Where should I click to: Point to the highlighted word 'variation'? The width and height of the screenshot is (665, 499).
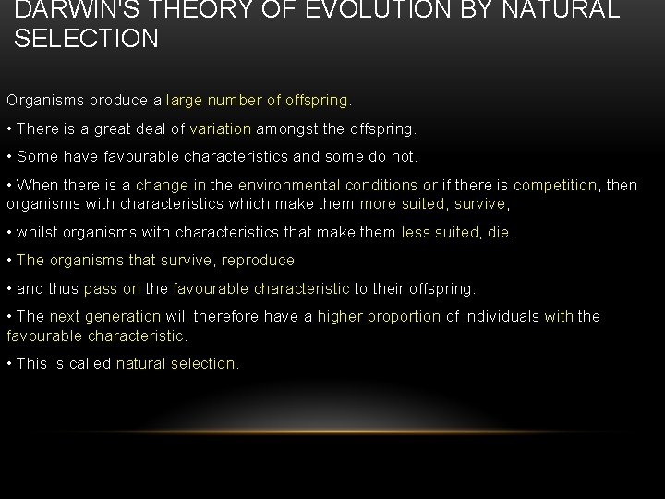click(x=220, y=128)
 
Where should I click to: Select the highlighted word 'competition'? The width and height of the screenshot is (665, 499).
click(x=554, y=185)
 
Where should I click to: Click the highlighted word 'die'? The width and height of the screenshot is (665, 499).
click(x=499, y=233)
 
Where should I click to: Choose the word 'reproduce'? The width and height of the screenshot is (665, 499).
click(x=257, y=261)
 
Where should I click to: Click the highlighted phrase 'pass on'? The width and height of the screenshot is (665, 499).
click(x=111, y=289)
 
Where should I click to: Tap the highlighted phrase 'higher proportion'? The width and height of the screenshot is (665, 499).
click(x=379, y=317)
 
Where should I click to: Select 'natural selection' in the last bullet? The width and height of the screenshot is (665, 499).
click(x=176, y=364)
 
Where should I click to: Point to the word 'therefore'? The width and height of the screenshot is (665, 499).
click(x=224, y=317)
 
